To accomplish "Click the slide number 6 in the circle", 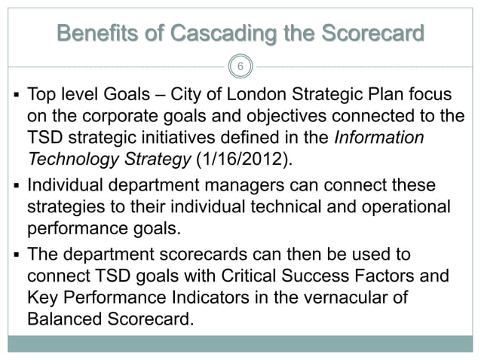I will [x=240, y=67].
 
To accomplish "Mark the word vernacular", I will [x=349, y=297].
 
